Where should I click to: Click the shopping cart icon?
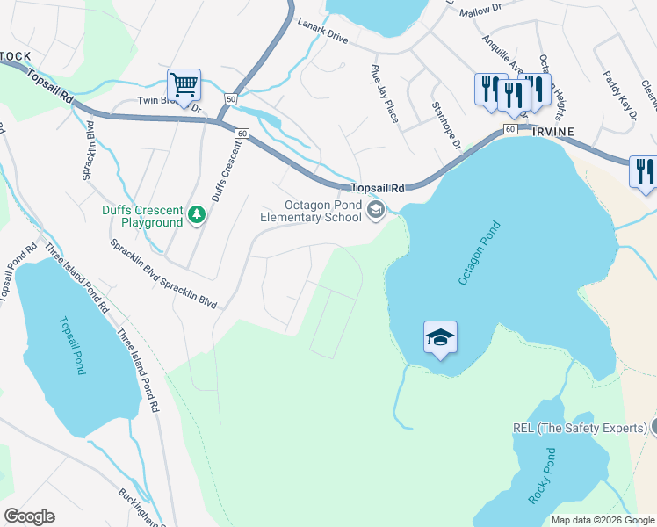pyautogui.click(x=184, y=86)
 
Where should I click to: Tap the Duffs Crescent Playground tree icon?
pyautogui.click(x=198, y=214)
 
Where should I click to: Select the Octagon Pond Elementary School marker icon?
pyautogui.click(x=376, y=209)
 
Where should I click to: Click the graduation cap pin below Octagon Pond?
pyautogui.click(x=440, y=337)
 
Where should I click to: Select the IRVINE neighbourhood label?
pyautogui.click(x=551, y=131)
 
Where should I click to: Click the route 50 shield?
pyautogui.click(x=230, y=99)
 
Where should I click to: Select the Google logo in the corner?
pyautogui.click(x=28, y=516)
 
